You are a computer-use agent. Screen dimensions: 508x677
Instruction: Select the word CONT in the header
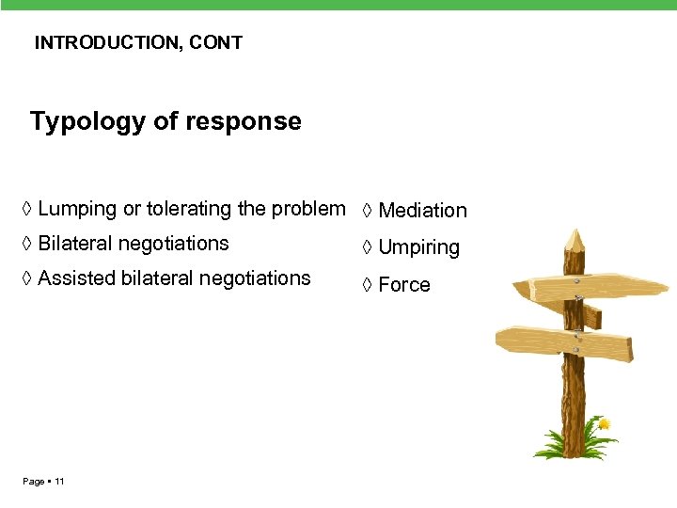[x=220, y=42]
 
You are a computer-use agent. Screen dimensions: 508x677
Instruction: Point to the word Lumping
[x=77, y=209]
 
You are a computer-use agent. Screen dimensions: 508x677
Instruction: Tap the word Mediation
[x=422, y=211]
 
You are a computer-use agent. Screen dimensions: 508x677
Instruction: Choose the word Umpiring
[x=418, y=248]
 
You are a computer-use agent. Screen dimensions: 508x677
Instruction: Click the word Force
[x=404, y=285]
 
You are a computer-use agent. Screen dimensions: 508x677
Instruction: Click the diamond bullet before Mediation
[x=368, y=211]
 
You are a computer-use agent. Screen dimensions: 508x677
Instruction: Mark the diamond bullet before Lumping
[x=28, y=209]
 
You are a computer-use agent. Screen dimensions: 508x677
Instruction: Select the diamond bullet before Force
[x=368, y=285]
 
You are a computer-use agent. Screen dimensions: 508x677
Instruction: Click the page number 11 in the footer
[x=59, y=482]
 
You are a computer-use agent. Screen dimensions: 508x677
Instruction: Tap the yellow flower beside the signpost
[x=603, y=424]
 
